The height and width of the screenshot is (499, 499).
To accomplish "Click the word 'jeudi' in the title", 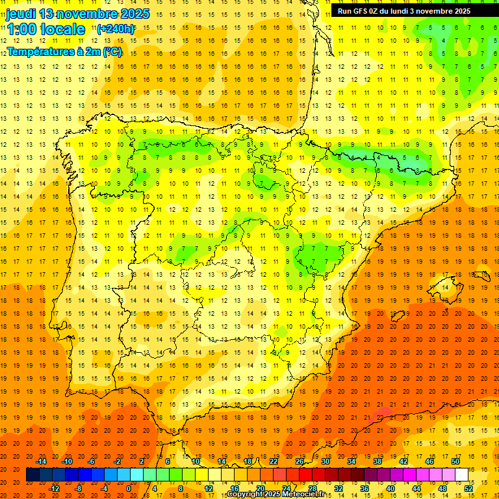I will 21,14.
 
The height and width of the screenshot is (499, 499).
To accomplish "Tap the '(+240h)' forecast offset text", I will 116,29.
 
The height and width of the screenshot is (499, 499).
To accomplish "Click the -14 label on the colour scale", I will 42,461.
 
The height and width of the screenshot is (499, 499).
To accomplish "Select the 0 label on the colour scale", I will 128,489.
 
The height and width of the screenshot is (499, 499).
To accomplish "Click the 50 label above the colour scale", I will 455,461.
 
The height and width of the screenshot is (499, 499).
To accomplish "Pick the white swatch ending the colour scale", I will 461,475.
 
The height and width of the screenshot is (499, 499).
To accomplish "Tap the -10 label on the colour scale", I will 66,461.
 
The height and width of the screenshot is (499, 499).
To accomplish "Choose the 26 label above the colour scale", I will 300,461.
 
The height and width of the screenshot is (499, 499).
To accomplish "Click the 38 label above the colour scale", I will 377,461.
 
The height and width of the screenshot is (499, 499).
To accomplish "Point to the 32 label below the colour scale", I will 338,489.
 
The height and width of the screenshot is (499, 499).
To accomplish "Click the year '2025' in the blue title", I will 134,14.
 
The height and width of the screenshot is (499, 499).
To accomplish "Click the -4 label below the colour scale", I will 104,489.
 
